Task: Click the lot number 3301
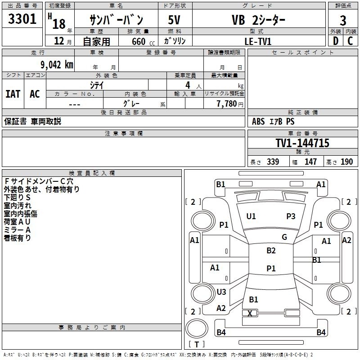click(22, 19)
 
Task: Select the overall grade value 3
click(343, 21)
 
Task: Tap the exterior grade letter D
click(336, 41)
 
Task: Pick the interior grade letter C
click(350, 41)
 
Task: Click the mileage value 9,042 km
click(57, 65)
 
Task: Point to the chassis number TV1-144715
click(302, 143)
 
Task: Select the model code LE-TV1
click(258, 41)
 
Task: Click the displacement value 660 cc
click(143, 42)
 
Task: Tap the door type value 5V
click(174, 20)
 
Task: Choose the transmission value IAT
click(13, 94)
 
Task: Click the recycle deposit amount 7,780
click(227, 104)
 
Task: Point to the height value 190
click(346, 162)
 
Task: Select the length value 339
click(273, 162)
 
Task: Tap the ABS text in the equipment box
click(258, 121)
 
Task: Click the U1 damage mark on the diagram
click(251, 216)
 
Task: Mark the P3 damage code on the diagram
click(291, 216)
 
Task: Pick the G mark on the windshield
click(284, 237)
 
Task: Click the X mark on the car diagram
click(250, 313)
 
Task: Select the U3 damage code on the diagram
click(221, 292)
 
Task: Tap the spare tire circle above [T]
click(197, 328)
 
